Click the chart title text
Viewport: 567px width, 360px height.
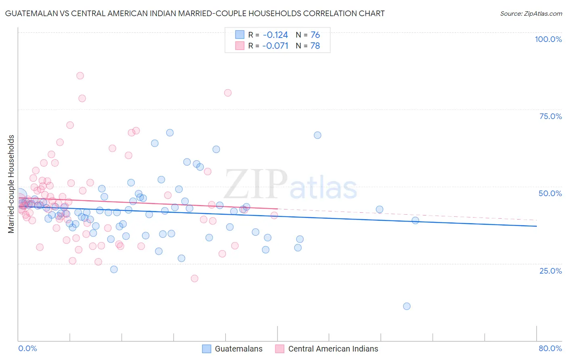[195, 13]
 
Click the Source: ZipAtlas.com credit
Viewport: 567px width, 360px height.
[531, 13]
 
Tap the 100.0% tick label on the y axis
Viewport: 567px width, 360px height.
[548, 39]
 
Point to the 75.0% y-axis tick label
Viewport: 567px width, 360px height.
[550, 116]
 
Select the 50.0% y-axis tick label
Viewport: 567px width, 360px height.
[550, 193]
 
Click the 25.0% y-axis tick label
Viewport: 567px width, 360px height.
[550, 270]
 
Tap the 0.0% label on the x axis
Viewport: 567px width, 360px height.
[28, 348]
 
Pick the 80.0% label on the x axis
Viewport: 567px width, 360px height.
[550, 348]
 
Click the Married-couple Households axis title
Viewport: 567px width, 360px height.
[11, 184]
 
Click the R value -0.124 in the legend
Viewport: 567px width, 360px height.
[275, 35]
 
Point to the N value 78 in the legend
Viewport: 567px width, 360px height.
[315, 46]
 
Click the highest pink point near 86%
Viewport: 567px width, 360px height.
[80, 75]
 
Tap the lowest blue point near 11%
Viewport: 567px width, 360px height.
[406, 306]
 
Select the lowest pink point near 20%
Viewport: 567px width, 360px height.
[194, 278]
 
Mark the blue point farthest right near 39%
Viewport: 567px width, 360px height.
[415, 220]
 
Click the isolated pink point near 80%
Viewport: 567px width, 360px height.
[228, 93]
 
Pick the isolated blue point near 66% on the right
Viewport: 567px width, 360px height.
[317, 135]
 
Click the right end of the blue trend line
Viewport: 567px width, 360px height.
[536, 226]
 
